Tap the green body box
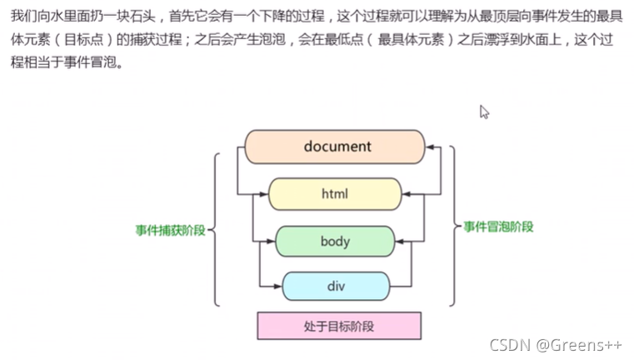(x=334, y=242)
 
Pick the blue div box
(x=335, y=287)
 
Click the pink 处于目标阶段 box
(x=338, y=326)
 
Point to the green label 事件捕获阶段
(x=171, y=230)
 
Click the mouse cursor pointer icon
(x=484, y=112)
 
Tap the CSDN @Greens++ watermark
(x=556, y=344)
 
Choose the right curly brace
(x=454, y=227)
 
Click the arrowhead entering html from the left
(x=264, y=194)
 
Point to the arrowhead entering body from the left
(x=271, y=242)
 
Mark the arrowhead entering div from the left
(x=278, y=287)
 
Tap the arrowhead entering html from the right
(x=406, y=194)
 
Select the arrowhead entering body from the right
(x=398, y=242)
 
